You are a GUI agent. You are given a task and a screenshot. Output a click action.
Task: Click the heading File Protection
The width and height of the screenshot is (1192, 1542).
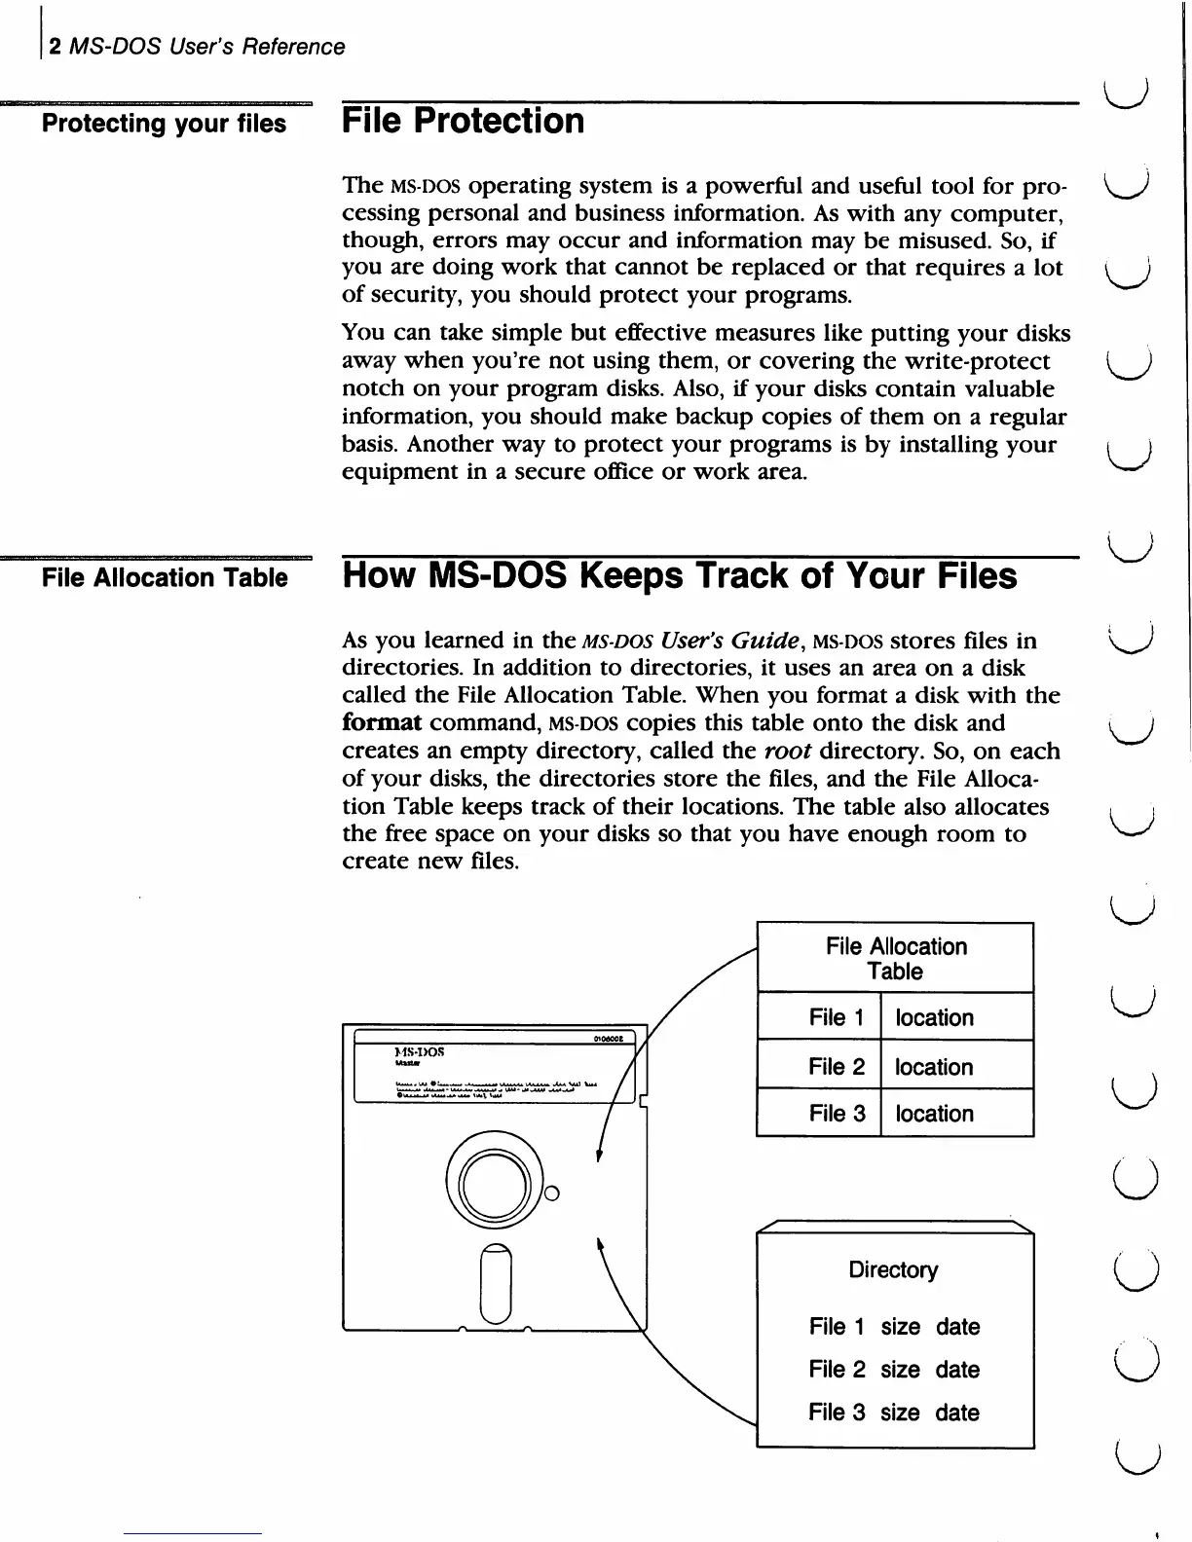[463, 122]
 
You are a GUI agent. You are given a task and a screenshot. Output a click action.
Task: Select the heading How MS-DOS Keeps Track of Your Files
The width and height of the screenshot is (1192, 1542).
[679, 575]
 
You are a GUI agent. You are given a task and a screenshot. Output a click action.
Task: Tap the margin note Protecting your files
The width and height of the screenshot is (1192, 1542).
[164, 124]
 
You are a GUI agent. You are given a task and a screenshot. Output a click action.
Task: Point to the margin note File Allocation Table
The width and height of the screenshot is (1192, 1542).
[165, 577]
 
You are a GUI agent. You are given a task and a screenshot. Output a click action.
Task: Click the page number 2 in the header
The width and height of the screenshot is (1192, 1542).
[56, 47]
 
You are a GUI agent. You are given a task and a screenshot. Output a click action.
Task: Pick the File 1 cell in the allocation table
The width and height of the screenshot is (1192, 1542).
[836, 1017]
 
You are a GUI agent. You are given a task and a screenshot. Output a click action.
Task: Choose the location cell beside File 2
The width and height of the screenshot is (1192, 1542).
[934, 1067]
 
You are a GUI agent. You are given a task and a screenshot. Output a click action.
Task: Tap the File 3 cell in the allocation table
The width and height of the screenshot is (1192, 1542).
[836, 1114]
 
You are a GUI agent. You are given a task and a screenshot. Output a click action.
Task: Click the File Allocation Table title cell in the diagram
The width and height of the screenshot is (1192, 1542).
[895, 958]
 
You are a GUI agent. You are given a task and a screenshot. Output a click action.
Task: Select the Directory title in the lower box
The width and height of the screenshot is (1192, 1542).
[893, 1269]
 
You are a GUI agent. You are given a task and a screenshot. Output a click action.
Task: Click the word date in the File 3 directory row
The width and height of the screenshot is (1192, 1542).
[957, 1413]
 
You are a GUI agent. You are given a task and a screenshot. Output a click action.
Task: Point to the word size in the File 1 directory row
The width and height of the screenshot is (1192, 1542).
[900, 1327]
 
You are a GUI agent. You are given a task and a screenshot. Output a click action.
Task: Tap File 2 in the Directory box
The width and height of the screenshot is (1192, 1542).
[836, 1370]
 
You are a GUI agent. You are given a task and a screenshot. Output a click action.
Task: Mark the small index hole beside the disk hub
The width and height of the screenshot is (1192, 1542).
[551, 1193]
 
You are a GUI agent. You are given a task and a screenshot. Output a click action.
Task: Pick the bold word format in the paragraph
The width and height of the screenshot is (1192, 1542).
[382, 723]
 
